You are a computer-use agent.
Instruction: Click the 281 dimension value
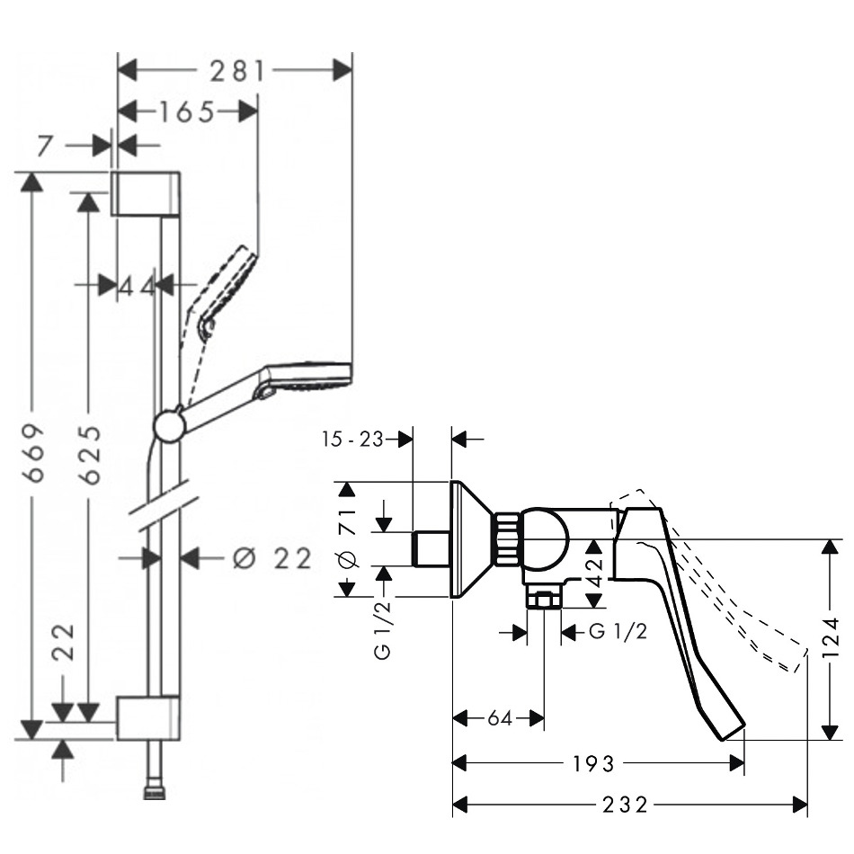coord(236,70)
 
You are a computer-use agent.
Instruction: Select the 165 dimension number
coord(187,111)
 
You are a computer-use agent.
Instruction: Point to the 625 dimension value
coord(88,453)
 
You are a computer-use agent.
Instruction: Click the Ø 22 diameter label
coord(271,558)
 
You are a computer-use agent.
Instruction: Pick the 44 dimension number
coord(138,286)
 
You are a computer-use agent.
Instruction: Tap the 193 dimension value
coord(594,763)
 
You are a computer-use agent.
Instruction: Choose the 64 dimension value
coord(500,718)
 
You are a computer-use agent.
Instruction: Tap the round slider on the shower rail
coord(169,426)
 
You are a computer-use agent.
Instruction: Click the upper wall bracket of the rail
coord(148,192)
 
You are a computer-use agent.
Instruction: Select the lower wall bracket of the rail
coord(147,717)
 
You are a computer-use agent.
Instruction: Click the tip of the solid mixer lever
coord(733,729)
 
